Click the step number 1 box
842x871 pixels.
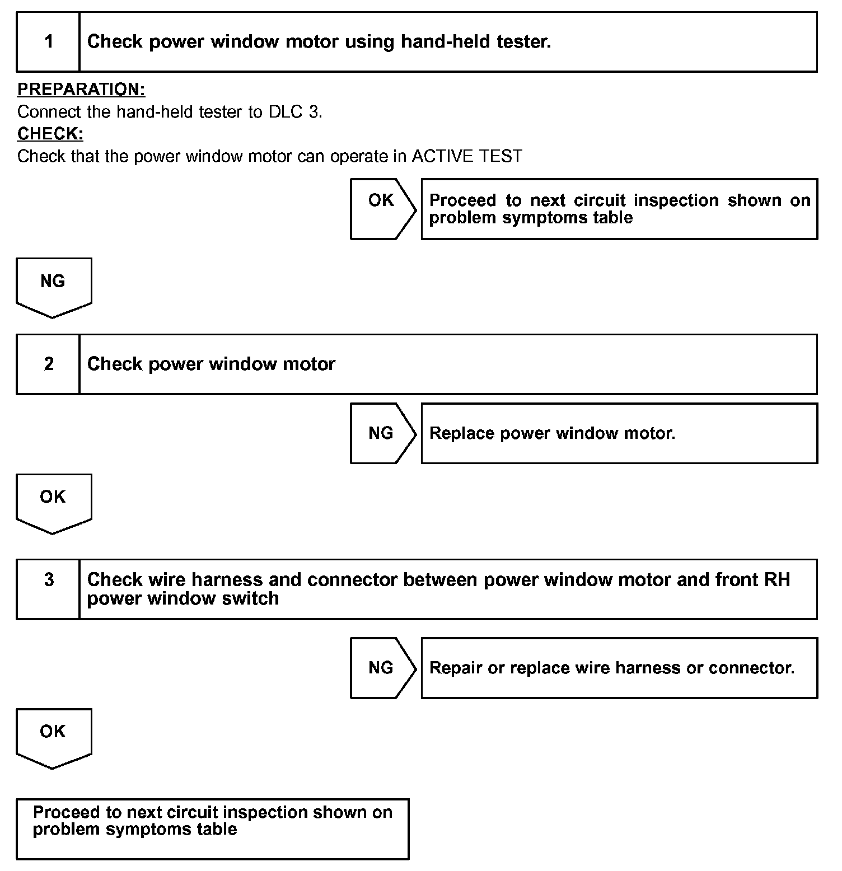pyautogui.click(x=48, y=42)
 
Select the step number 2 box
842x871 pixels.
pyautogui.click(x=48, y=364)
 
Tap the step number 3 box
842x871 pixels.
pyautogui.click(x=48, y=589)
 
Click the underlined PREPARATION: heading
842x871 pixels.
pyautogui.click(x=81, y=90)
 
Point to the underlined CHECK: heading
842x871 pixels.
pyautogui.click(x=50, y=134)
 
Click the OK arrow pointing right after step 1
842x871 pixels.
pyautogui.click(x=383, y=209)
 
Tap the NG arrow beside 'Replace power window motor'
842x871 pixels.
pyautogui.click(x=383, y=433)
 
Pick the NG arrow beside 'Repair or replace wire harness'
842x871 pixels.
pyautogui.click(x=383, y=668)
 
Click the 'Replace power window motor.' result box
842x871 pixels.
pyautogui.click(x=619, y=433)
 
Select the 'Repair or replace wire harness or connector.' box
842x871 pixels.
pyautogui.click(x=619, y=668)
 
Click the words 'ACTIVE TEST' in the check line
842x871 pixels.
pyautogui.click(x=467, y=156)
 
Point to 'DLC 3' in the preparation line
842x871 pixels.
pyautogui.click(x=294, y=112)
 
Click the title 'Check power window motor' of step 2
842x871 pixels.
pyautogui.click(x=211, y=364)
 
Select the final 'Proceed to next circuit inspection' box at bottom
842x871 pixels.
pyautogui.click(x=213, y=828)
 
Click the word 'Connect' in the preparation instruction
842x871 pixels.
pyautogui.click(x=49, y=112)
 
